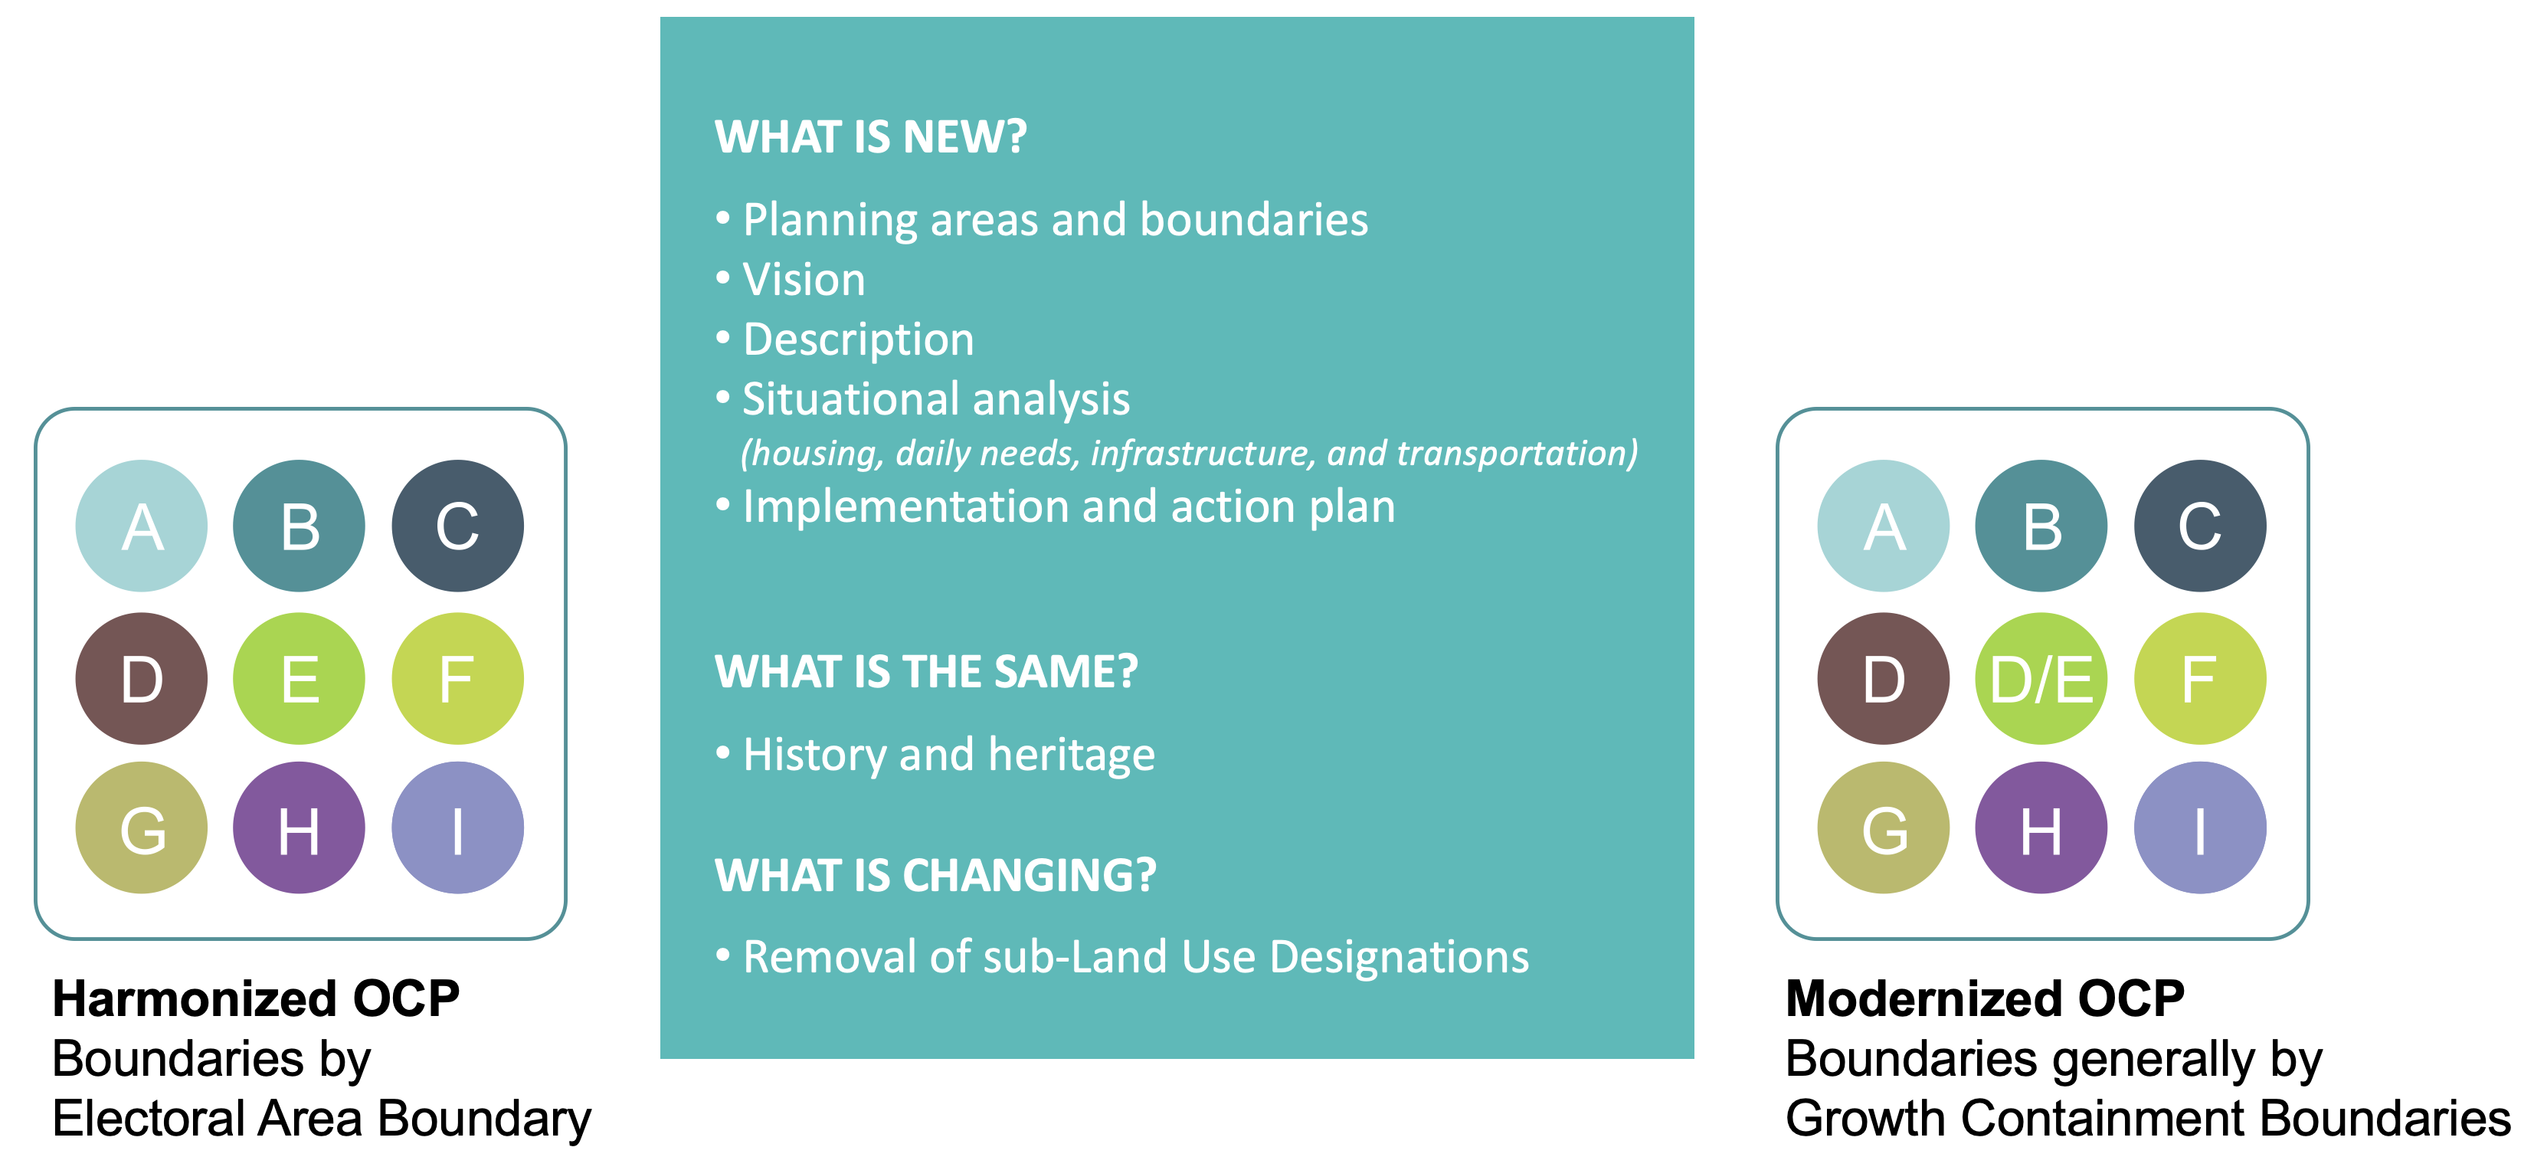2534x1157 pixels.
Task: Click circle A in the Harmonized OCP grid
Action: (142, 526)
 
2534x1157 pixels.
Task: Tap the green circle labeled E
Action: (299, 679)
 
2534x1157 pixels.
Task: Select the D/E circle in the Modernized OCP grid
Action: (2041, 679)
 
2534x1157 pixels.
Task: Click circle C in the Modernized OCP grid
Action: (2199, 526)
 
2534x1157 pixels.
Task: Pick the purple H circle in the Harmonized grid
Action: (299, 828)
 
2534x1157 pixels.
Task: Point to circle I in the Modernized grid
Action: (2199, 828)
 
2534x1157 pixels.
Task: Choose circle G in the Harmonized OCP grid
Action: (142, 828)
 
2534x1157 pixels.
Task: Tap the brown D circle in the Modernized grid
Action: (1883, 679)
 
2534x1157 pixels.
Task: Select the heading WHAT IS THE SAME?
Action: (925, 672)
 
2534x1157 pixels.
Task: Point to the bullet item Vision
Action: (804, 280)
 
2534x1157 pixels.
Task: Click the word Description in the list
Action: (858, 339)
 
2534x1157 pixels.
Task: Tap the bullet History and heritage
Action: (948, 755)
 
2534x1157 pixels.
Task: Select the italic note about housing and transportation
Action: (1188, 454)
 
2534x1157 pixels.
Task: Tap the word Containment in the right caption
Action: (2102, 1119)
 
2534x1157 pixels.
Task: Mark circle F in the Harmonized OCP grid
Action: (457, 679)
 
